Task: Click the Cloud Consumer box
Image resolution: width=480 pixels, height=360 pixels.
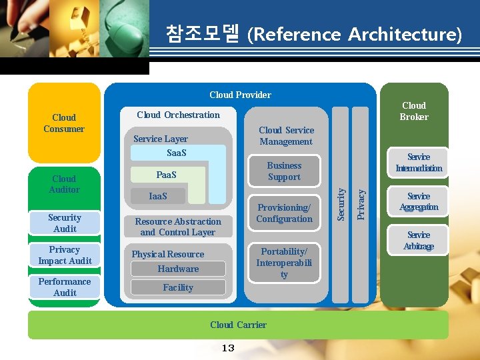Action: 64,123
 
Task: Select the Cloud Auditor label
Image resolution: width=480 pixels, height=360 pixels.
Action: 64,184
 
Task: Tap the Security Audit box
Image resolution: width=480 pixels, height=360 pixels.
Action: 65,223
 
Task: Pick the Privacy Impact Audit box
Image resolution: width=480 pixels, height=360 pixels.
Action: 65,255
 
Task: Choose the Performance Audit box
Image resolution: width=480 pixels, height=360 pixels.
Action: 65,287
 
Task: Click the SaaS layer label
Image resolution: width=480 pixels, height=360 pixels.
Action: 176,153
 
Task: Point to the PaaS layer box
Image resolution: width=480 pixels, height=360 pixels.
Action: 167,175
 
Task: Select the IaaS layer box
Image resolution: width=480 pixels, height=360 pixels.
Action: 158,196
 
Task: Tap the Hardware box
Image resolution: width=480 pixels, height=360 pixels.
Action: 178,269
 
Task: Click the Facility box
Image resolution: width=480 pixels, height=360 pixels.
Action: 178,287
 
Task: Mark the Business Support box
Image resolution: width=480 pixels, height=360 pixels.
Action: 284,171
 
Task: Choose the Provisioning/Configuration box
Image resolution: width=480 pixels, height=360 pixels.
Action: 284,213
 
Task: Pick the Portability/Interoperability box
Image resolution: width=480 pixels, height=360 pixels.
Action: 284,263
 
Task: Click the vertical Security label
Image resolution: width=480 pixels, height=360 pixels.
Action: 341,203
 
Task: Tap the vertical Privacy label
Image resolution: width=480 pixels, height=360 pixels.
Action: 361,203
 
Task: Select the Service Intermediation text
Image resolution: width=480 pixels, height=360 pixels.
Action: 419,163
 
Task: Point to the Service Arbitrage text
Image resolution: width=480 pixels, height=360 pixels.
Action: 419,241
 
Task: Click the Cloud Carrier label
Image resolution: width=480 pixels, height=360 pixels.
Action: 238,325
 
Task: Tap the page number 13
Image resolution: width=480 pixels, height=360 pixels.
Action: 228,348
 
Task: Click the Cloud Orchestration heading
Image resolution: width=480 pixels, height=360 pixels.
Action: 178,115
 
